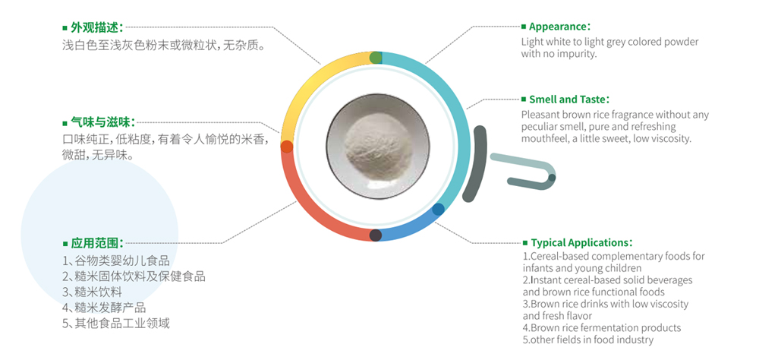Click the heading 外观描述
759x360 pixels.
pyautogui.click(x=97, y=27)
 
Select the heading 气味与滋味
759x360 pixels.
pyautogui.click(x=102, y=122)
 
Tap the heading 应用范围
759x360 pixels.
pyautogui.click(x=97, y=243)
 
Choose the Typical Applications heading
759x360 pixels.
pyautogui.click(x=581, y=242)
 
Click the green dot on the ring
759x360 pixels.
pyautogui.click(x=376, y=58)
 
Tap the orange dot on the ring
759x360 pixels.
pyautogui.click(x=287, y=147)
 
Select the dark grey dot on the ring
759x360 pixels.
pyautogui.click(x=376, y=235)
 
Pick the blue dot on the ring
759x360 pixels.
pyautogui.click(x=438, y=210)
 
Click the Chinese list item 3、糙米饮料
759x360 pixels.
pyautogui.click(x=92, y=292)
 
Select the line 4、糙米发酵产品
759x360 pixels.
pyautogui.click(x=104, y=308)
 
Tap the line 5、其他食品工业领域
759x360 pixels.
pyautogui.click(x=116, y=324)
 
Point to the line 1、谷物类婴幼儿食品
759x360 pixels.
pyautogui.click(x=116, y=261)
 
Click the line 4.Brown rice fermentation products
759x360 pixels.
pyautogui.click(x=602, y=328)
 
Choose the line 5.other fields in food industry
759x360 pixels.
pyautogui.click(x=587, y=339)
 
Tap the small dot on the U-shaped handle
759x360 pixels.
pyautogui.click(x=552, y=178)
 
